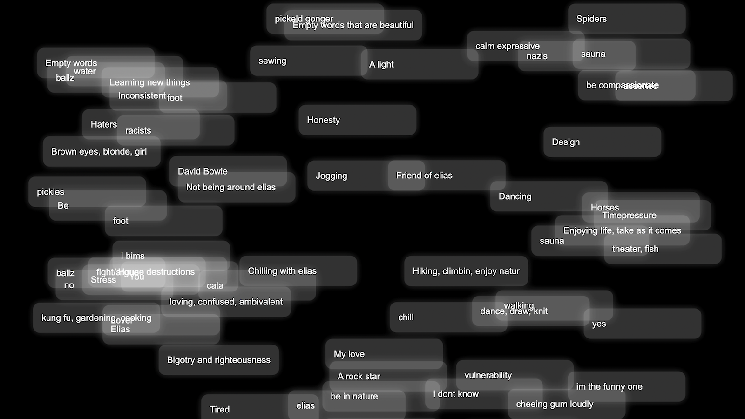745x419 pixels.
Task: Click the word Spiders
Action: tap(591, 19)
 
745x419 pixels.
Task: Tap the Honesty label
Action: tap(323, 120)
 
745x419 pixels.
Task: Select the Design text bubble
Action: tap(566, 142)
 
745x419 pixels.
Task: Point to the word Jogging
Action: tap(331, 176)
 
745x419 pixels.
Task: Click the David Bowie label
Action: tap(203, 171)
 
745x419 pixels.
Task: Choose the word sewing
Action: tap(272, 61)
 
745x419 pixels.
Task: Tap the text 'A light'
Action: tap(381, 64)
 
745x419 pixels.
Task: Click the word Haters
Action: tap(103, 124)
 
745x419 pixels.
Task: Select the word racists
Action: tap(138, 131)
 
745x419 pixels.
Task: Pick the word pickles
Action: tap(50, 192)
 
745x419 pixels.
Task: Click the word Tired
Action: tap(219, 410)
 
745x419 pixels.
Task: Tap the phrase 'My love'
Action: tap(349, 354)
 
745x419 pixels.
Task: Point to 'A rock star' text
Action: tap(359, 377)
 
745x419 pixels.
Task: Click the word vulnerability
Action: tap(488, 375)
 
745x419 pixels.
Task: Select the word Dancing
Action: tap(515, 196)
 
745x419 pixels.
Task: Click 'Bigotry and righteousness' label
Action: tap(218, 360)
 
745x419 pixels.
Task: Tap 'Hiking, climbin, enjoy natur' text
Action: tap(466, 271)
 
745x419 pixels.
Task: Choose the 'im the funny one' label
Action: tap(609, 387)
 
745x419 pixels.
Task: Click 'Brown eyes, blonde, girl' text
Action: tap(99, 152)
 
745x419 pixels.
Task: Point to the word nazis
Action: tap(537, 56)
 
